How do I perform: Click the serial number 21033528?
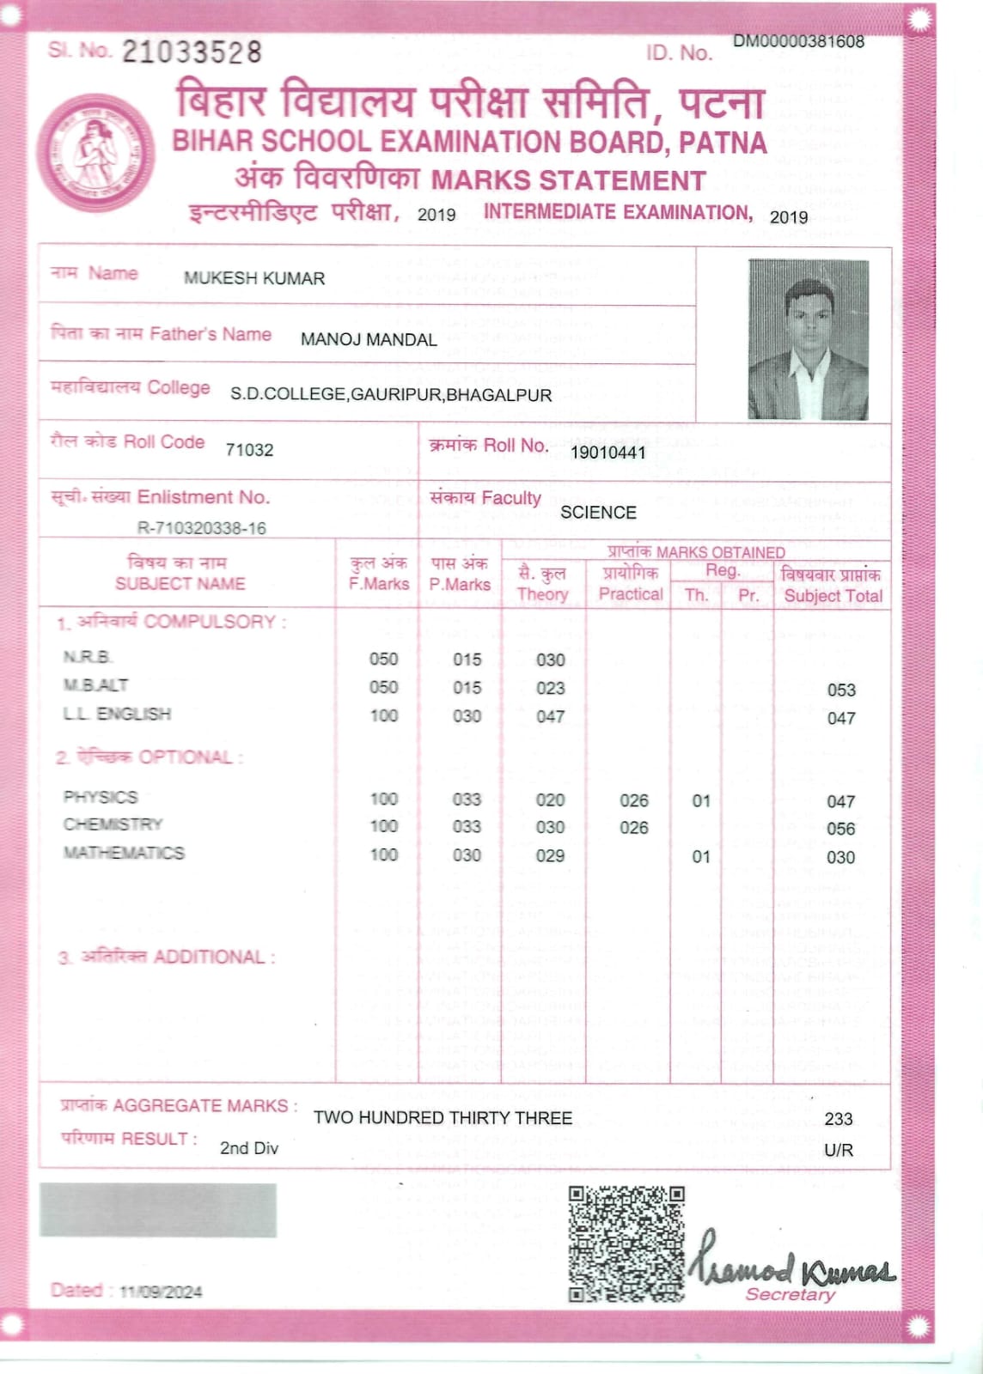pyautogui.click(x=191, y=52)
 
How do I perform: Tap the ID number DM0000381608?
pyautogui.click(x=798, y=41)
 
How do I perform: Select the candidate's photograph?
pyautogui.click(x=808, y=339)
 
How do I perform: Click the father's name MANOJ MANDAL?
pyautogui.click(x=369, y=340)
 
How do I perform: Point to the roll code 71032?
pyautogui.click(x=249, y=450)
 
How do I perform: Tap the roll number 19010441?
pyautogui.click(x=608, y=452)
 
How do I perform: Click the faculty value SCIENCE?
pyautogui.click(x=598, y=513)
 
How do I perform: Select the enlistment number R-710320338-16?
pyautogui.click(x=202, y=528)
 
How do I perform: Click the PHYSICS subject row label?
pyautogui.click(x=101, y=797)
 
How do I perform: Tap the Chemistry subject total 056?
pyautogui.click(x=840, y=829)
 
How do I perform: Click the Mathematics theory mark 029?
pyautogui.click(x=550, y=855)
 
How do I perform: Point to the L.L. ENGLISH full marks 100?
pyautogui.click(x=383, y=715)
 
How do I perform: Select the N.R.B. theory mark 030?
pyautogui.click(x=550, y=660)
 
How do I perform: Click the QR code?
pyautogui.click(x=626, y=1243)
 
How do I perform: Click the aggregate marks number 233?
pyautogui.click(x=838, y=1119)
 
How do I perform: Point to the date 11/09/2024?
pyautogui.click(x=161, y=1292)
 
